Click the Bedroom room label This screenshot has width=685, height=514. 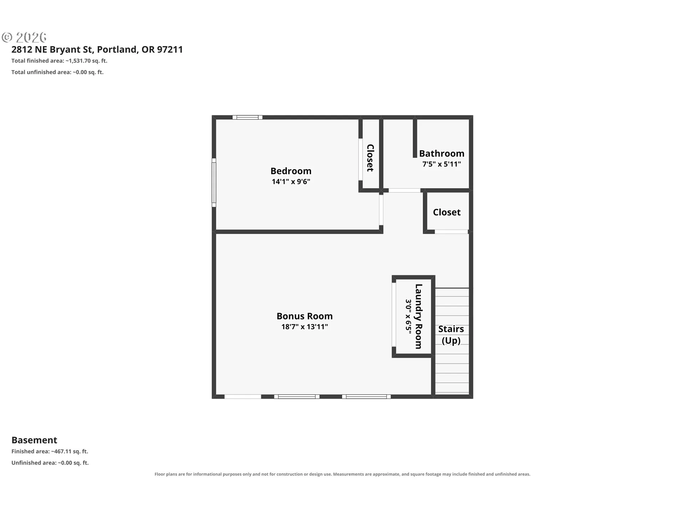point(291,171)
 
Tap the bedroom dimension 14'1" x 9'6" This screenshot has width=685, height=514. point(291,181)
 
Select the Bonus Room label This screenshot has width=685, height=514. point(305,316)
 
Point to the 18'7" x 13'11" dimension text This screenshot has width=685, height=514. point(305,327)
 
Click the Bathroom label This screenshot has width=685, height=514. point(442,153)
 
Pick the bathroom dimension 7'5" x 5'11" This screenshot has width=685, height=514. point(442,164)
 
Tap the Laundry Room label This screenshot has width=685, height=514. point(418,316)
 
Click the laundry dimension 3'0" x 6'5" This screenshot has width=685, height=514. point(409,316)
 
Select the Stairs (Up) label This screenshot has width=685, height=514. point(451,334)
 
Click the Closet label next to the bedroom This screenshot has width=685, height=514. point(370,158)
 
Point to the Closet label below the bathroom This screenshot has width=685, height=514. point(447,212)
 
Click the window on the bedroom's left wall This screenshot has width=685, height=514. point(214,183)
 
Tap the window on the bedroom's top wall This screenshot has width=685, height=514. point(248,117)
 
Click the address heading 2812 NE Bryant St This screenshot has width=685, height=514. point(97,49)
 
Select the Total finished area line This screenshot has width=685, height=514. point(59,61)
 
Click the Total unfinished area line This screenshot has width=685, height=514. point(57,72)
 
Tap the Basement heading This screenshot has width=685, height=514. point(34,440)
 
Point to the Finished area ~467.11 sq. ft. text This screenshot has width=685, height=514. point(50,451)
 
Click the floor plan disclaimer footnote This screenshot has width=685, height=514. point(342,474)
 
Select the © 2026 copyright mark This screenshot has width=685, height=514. point(24,37)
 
